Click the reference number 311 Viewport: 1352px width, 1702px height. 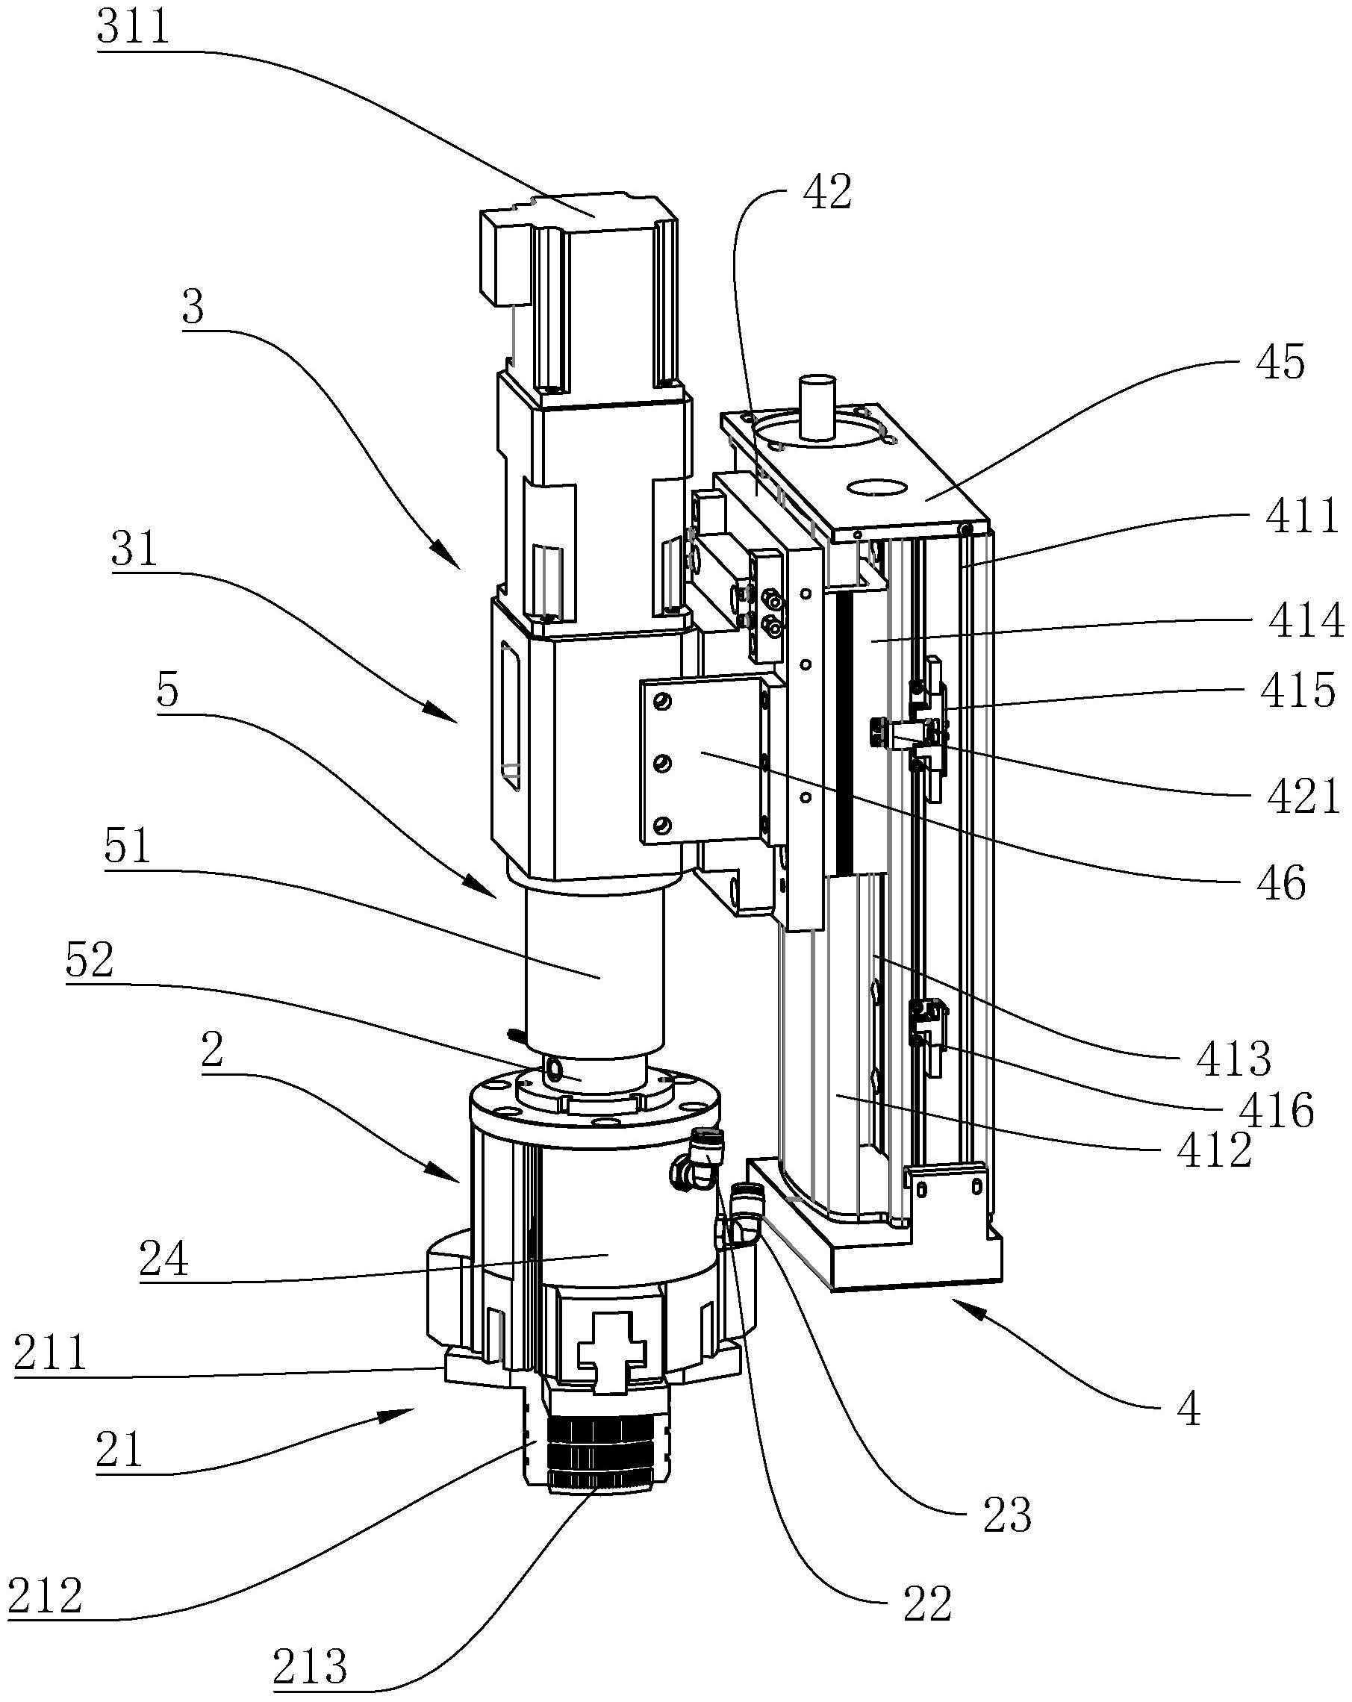(x=134, y=28)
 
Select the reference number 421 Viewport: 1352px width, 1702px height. (x=1303, y=797)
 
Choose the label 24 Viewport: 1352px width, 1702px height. (x=164, y=1259)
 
